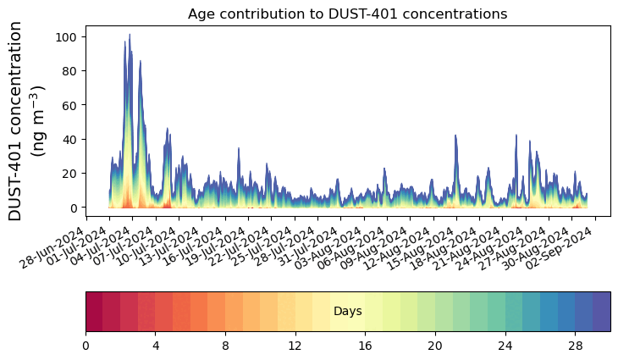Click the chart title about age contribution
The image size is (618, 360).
coord(347,14)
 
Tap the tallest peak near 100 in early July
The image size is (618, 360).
coord(130,36)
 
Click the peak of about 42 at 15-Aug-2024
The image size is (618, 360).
coord(455,136)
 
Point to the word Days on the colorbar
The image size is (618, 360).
coord(347,312)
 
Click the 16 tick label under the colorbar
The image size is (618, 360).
coord(366,346)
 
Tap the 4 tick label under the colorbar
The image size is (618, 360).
coord(156,346)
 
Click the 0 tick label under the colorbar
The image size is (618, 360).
coord(86,346)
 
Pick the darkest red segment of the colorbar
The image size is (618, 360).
coord(94,311)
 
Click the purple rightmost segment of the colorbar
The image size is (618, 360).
coord(601,311)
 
